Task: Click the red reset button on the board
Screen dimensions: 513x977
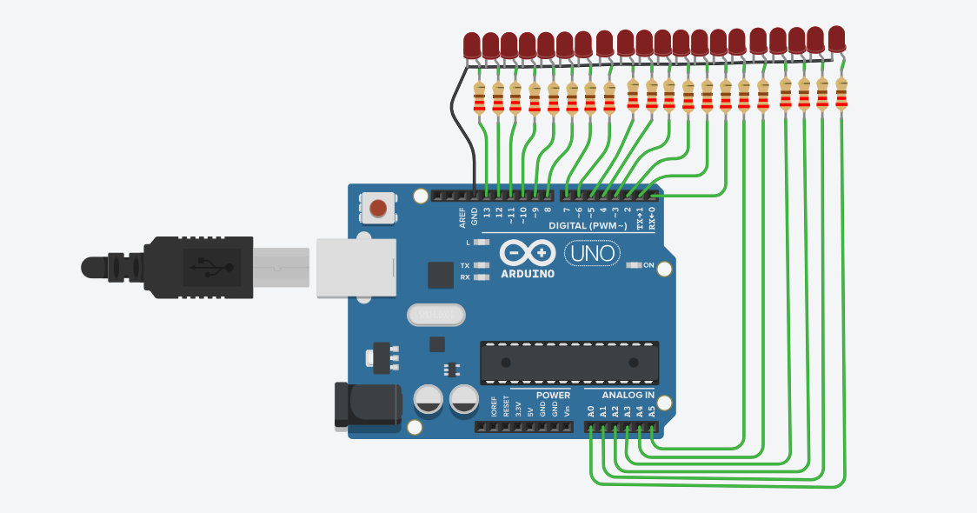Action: pos(378,209)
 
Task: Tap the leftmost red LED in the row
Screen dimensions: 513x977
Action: pos(472,44)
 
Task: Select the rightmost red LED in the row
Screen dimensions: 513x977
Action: pos(836,38)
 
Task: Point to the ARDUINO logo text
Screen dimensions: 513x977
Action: pos(528,273)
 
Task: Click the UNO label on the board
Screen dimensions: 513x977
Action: pos(593,254)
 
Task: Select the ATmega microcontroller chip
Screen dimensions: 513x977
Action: pos(569,363)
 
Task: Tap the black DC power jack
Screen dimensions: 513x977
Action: pos(368,405)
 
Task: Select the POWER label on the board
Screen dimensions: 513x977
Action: pos(553,395)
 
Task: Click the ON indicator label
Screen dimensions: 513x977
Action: pos(648,264)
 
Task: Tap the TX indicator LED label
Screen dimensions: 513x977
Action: pos(465,265)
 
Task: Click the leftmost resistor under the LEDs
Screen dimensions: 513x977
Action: pos(479,98)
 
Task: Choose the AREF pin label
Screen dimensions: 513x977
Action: pos(462,216)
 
